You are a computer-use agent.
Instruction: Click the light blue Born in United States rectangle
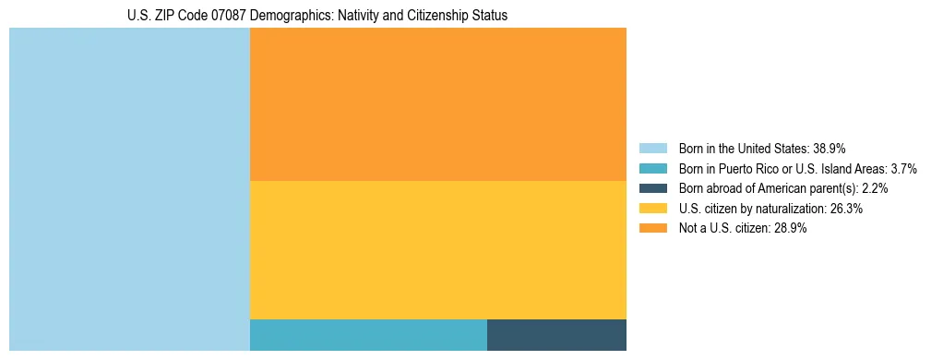[x=129, y=189]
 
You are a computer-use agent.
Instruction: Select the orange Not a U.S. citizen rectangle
[x=438, y=104]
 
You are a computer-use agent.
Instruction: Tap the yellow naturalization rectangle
[x=438, y=250]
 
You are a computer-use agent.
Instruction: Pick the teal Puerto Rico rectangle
[x=368, y=335]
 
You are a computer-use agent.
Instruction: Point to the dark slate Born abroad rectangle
[x=556, y=335]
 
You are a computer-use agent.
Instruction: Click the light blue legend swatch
[x=653, y=148]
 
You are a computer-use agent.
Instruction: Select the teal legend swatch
[x=653, y=168]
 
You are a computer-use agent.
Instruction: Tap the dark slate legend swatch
[x=653, y=188]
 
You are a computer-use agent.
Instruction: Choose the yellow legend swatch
[x=653, y=209]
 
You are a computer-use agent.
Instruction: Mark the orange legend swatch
[x=653, y=229]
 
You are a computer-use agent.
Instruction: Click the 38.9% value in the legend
[x=830, y=148]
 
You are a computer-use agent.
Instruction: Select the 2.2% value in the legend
[x=875, y=188]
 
